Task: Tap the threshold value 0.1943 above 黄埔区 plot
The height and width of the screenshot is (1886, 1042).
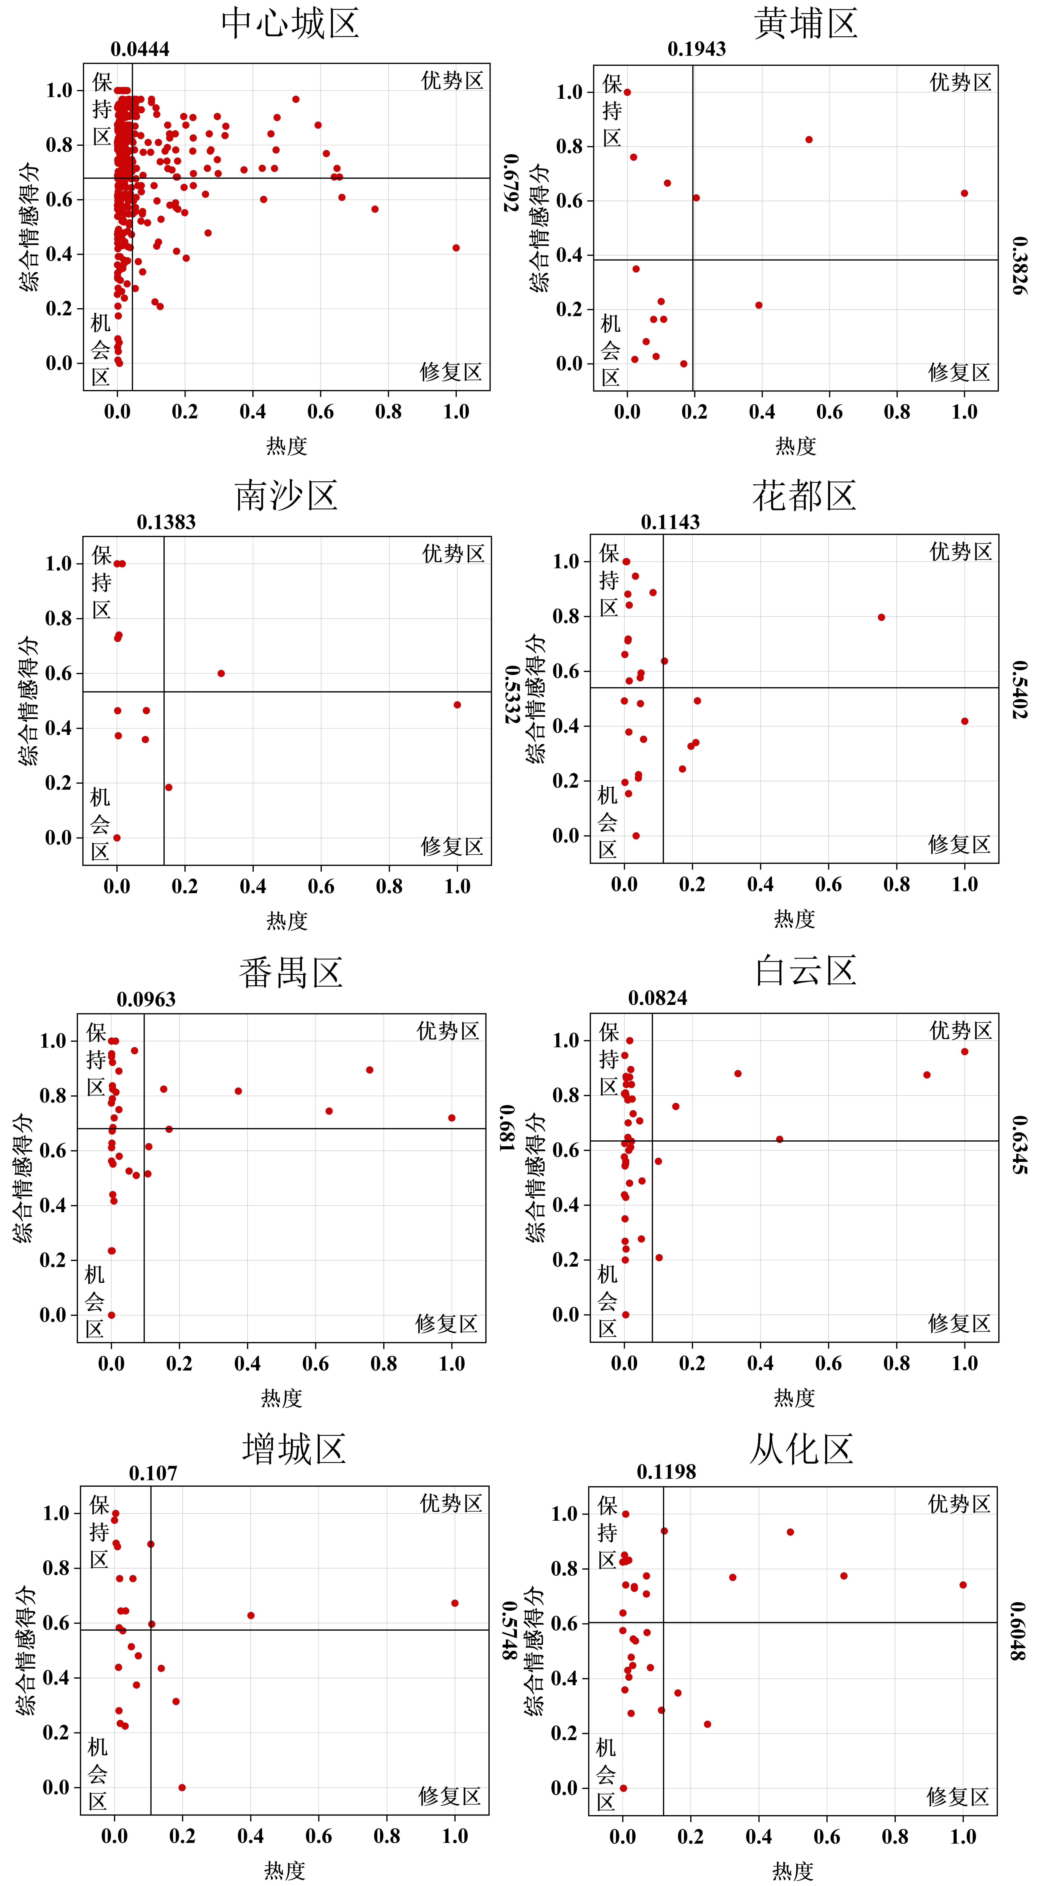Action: (x=696, y=49)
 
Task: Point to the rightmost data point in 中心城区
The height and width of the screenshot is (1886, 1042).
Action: (x=456, y=248)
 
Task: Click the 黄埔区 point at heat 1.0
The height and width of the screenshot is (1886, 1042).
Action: (x=964, y=193)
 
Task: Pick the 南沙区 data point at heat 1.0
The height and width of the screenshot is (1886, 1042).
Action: (x=457, y=705)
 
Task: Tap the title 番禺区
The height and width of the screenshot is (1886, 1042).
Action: (x=291, y=973)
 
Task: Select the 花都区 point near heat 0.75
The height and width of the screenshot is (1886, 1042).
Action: (x=881, y=617)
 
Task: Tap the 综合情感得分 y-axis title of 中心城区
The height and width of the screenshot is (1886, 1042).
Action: (x=29, y=227)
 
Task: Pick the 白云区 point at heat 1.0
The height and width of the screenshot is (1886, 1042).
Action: (x=964, y=1051)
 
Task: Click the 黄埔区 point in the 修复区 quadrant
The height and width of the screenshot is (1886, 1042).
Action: (x=759, y=305)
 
